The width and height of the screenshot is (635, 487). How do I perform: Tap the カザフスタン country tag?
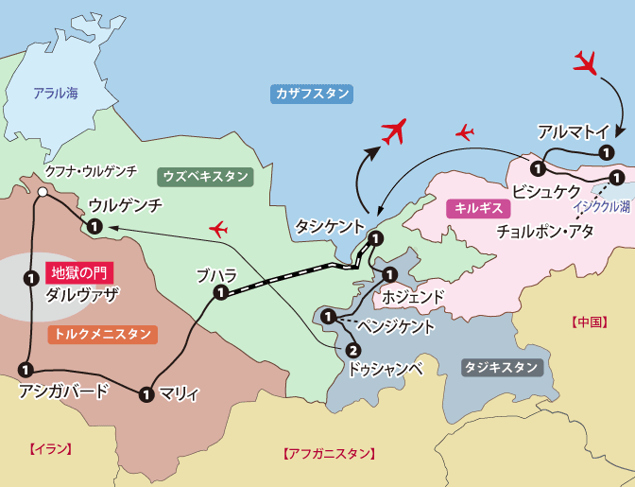[312, 94]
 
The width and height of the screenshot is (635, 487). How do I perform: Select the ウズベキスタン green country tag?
[206, 176]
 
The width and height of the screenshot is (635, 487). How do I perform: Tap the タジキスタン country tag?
[502, 366]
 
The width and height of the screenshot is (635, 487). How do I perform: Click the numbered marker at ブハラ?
[219, 293]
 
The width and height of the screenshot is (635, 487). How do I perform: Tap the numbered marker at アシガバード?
[25, 370]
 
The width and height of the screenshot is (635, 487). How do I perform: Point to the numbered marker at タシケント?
[375, 237]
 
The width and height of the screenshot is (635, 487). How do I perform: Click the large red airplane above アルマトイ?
[587, 64]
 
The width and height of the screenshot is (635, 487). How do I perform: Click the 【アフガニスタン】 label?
[330, 455]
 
